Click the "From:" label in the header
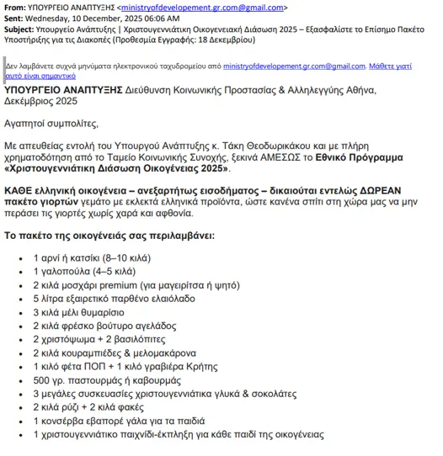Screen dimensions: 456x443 point(16,6)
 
